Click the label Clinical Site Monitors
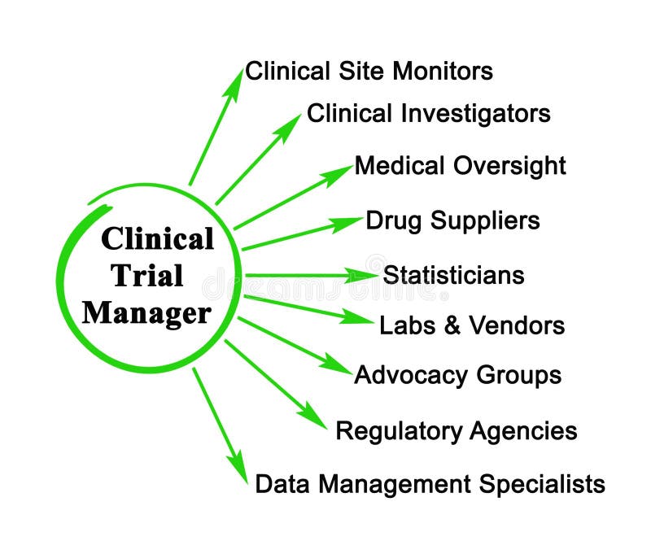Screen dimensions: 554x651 [369, 71]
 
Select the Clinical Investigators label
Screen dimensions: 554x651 [428, 113]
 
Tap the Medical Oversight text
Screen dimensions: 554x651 [460, 166]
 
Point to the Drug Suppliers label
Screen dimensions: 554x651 [452, 220]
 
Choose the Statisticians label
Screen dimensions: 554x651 [453, 275]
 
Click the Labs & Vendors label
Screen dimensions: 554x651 [471, 325]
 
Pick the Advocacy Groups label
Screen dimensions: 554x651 [457, 375]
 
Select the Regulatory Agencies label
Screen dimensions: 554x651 [456, 430]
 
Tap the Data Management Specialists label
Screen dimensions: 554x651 [430, 484]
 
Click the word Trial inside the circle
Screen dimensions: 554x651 [147, 276]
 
